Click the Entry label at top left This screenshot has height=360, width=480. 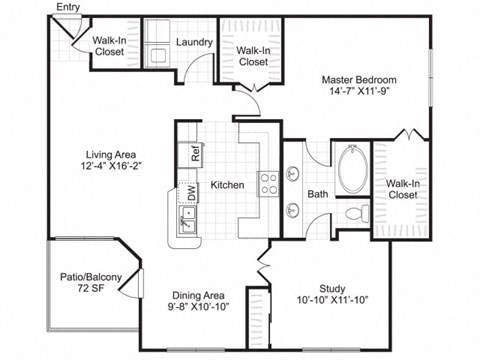point(69,8)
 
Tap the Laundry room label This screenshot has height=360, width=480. point(192,43)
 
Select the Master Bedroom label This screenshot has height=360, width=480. point(360,79)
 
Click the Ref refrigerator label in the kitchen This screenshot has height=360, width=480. point(196,154)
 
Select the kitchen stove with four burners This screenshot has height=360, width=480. point(268,183)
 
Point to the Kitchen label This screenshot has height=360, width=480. point(228,185)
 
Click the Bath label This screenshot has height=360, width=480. point(318,194)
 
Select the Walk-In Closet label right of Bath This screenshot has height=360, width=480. point(402,188)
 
